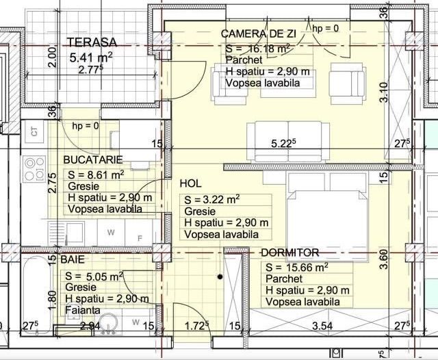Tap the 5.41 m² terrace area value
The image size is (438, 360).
pyautogui.click(x=91, y=57)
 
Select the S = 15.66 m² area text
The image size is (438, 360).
pyautogui.click(x=296, y=267)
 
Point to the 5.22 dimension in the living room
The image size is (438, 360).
pyautogui.click(x=283, y=144)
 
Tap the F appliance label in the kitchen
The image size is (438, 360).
pyautogui.click(x=140, y=239)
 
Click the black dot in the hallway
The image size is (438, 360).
pyautogui.click(x=220, y=277)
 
